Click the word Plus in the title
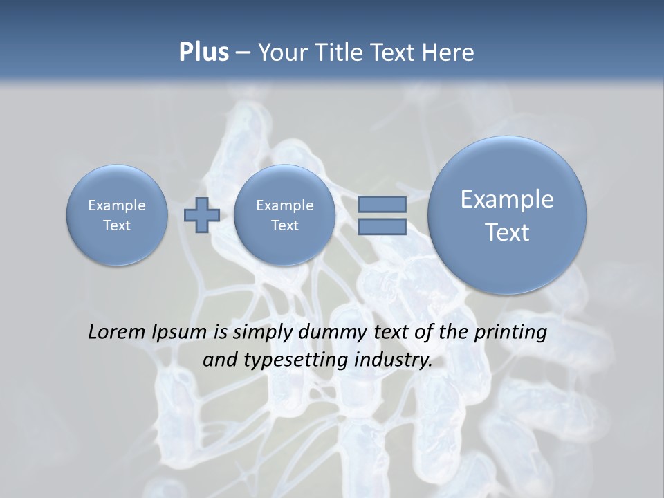203,53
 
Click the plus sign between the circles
202,214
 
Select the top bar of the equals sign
382,204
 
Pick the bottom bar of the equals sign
382,227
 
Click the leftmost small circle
117,214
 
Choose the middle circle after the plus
284,214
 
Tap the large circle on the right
507,214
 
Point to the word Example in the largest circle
507,199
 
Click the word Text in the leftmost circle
117,225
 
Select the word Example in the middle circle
284,205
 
